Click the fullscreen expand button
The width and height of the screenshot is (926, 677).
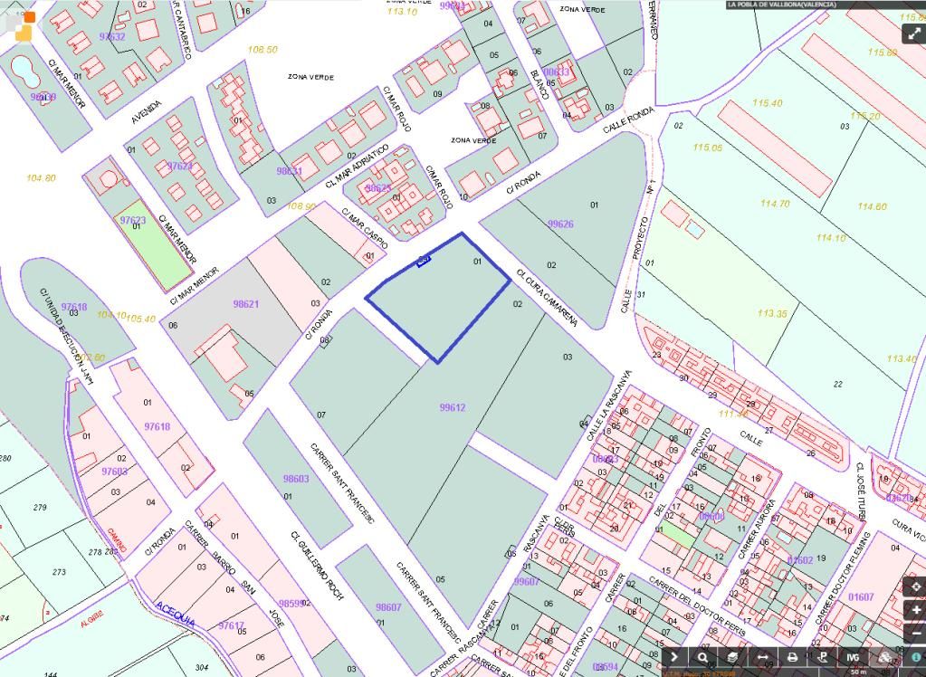click(x=912, y=33)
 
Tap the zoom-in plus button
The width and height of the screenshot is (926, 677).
click(x=916, y=611)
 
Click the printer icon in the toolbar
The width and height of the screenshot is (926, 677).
click(x=792, y=658)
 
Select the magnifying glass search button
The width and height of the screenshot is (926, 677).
click(x=702, y=658)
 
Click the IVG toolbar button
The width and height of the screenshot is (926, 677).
click(x=852, y=658)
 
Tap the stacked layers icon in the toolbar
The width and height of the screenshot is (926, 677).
click(x=732, y=658)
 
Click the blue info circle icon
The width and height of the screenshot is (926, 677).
click(x=916, y=658)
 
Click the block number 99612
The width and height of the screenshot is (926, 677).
click(x=452, y=408)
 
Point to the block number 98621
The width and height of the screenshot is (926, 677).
click(x=245, y=304)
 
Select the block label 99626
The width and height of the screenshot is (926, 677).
click(x=560, y=224)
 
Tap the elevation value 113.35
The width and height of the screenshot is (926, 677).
click(x=772, y=313)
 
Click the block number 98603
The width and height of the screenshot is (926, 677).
click(x=296, y=479)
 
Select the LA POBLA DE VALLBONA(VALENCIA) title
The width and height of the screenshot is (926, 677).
click(x=781, y=5)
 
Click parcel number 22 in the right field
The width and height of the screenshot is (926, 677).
click(x=837, y=385)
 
